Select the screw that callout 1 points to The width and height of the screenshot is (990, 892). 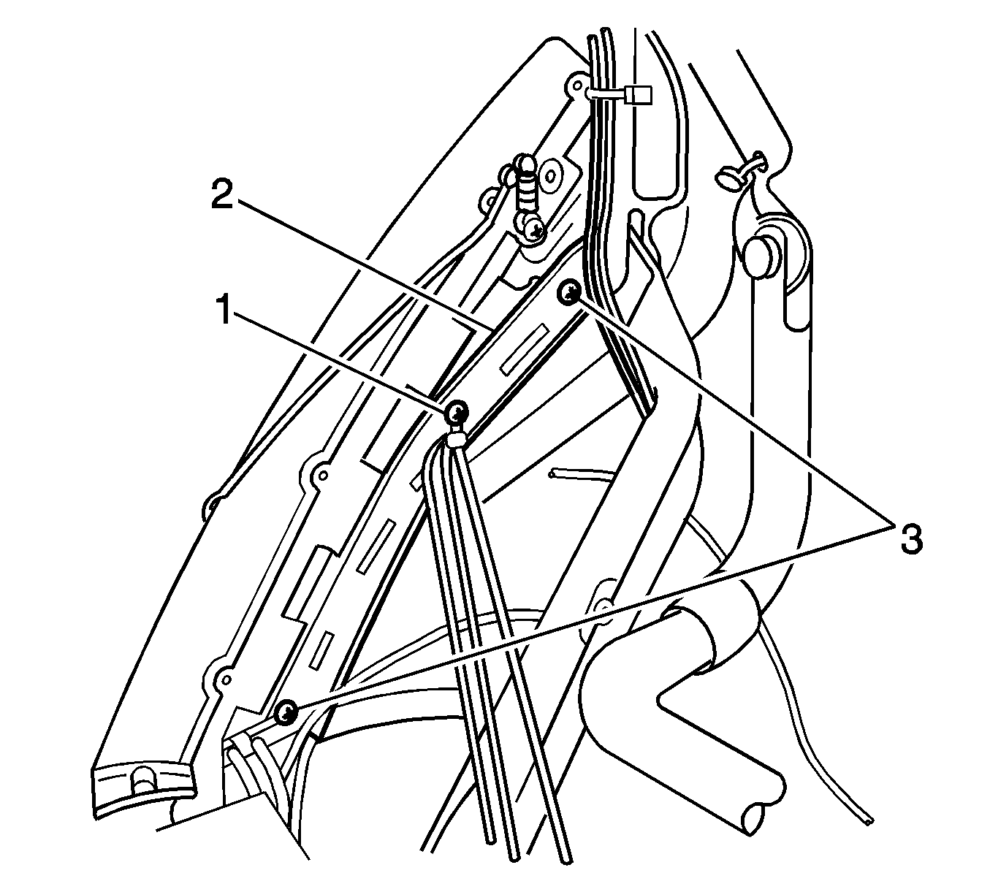click(457, 411)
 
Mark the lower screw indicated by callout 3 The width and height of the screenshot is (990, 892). click(287, 712)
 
